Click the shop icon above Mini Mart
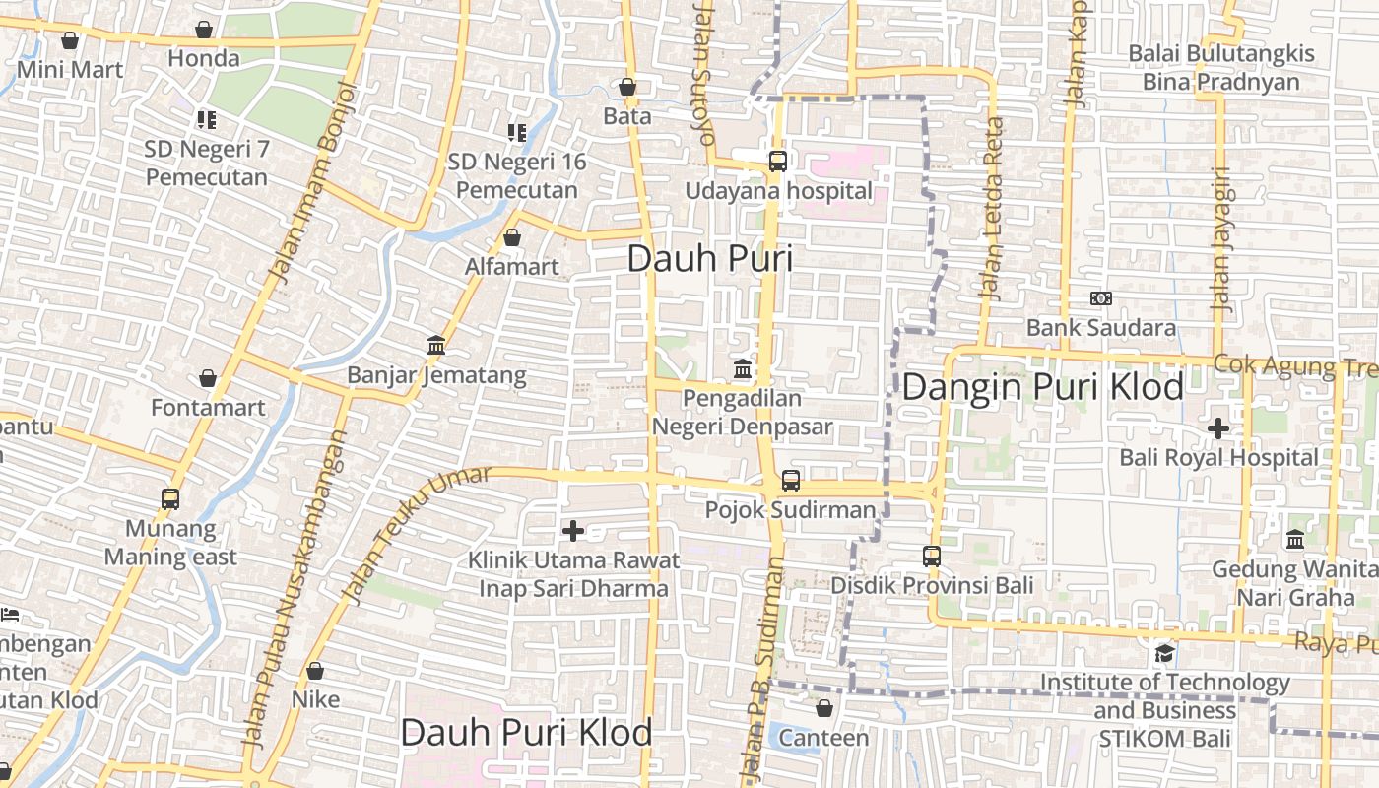(70, 40)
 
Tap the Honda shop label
(203, 58)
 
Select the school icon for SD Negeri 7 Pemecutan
(206, 120)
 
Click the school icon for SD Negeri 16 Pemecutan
(517, 132)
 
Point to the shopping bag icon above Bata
(627, 87)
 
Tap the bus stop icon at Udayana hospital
(778, 162)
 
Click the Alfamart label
(511, 266)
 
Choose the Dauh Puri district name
(709, 259)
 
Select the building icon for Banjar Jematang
(436, 345)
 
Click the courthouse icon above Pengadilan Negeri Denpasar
(743, 369)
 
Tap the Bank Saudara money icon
(1101, 298)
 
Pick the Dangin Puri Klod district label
(1042, 387)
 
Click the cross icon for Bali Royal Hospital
(1218, 428)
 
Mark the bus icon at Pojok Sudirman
(791, 481)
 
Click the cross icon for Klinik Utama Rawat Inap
(572, 531)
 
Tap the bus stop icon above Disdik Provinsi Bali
(932, 557)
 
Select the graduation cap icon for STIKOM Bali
(1164, 654)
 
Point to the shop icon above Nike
(315, 672)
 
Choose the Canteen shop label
(823, 737)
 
